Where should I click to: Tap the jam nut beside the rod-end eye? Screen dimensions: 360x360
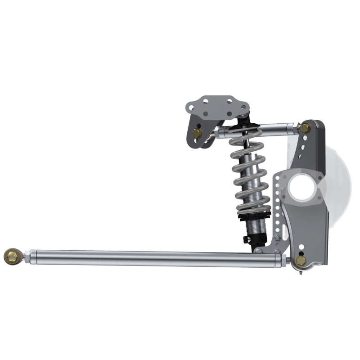tap(27, 257)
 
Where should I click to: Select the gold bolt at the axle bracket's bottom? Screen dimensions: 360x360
tap(300, 261)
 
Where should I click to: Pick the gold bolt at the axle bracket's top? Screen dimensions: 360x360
tap(305, 128)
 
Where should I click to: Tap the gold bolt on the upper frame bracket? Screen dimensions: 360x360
tap(197, 133)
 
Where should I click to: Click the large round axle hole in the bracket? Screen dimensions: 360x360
tap(302, 187)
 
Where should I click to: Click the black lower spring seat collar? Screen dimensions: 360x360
tap(255, 217)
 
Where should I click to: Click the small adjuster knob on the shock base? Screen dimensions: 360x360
tap(245, 239)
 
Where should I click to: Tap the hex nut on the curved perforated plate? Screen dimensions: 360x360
tap(278, 237)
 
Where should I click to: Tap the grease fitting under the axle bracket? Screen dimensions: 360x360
tap(300, 271)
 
